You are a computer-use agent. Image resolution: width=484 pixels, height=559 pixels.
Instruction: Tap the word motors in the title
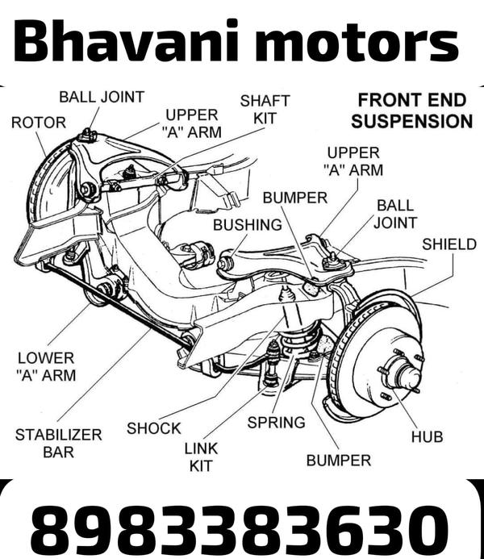click(x=357, y=41)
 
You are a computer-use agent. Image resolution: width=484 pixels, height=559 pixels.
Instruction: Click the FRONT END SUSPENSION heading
click(x=411, y=111)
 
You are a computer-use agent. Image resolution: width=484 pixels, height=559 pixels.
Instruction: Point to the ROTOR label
click(x=39, y=123)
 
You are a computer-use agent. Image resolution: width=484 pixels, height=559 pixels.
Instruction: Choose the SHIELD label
click(x=449, y=244)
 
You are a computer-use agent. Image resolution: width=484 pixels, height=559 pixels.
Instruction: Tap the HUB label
click(x=427, y=436)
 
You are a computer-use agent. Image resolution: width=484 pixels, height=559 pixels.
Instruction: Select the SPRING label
click(x=276, y=422)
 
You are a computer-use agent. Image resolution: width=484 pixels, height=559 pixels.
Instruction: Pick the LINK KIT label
click(x=201, y=457)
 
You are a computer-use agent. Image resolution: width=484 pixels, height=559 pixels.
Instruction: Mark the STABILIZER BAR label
click(x=59, y=443)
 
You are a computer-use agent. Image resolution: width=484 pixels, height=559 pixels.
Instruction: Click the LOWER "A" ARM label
click(x=45, y=365)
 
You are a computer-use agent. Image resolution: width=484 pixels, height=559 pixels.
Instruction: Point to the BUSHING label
click(x=248, y=225)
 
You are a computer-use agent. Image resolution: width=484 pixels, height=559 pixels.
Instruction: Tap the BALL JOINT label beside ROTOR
click(x=102, y=97)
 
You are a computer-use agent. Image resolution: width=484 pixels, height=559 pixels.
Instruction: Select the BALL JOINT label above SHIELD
click(x=395, y=214)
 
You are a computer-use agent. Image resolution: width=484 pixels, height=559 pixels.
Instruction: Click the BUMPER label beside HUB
click(x=339, y=461)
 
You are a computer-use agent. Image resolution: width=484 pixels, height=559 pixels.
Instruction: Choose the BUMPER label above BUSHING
click(x=294, y=198)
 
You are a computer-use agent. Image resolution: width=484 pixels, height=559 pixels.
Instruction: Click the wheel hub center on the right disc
click(x=402, y=373)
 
